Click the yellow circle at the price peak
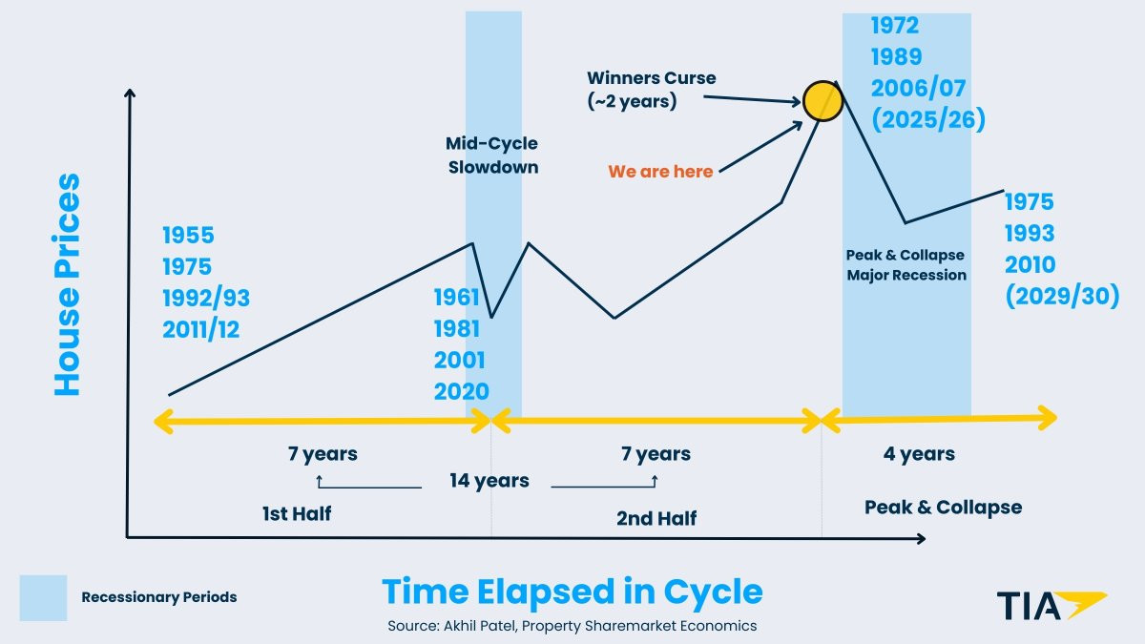[822, 101]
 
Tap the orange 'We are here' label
[660, 172]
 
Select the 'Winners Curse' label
[651, 78]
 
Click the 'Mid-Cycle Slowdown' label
[492, 155]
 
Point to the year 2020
[461, 391]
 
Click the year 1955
[188, 235]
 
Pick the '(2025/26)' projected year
[927, 119]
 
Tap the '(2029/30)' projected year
[1062, 296]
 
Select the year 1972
[894, 26]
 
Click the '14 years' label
[489, 480]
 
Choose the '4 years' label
[919, 453]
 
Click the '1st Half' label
[296, 514]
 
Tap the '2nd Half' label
[656, 518]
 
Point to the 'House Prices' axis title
[67, 284]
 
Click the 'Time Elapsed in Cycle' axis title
[572, 592]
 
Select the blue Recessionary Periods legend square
[43, 597]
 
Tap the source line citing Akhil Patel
[572, 626]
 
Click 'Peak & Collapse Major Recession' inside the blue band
[906, 265]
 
